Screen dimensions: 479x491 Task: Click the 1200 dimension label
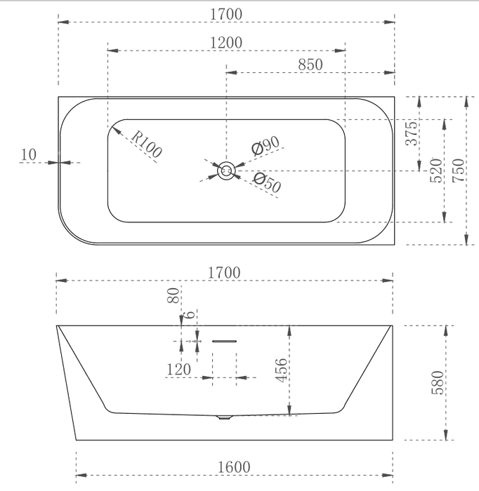point(225,43)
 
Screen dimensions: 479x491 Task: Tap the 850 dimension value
point(310,65)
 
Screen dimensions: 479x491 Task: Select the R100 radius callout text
point(147,144)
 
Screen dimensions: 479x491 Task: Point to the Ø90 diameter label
point(265,145)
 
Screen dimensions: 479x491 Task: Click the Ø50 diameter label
point(267,182)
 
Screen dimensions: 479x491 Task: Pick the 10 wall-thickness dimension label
point(29,154)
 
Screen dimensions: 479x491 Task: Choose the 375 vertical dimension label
point(412,133)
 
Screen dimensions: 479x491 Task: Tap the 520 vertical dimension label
point(435,170)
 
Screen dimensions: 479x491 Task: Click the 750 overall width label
point(459,170)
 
